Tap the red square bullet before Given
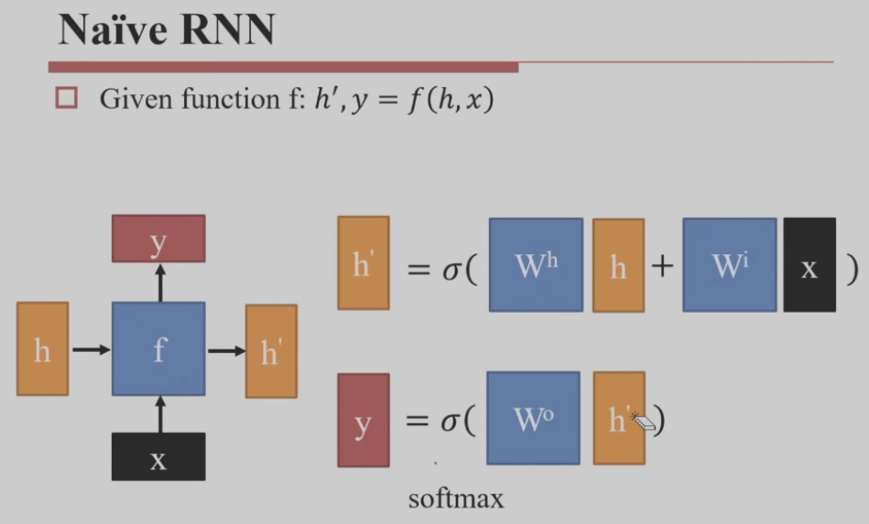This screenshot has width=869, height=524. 66,98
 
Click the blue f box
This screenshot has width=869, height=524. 158,349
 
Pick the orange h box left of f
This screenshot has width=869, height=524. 42,349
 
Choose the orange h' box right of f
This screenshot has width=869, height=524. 271,351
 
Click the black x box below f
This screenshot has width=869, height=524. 158,456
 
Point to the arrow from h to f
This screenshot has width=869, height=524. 90,349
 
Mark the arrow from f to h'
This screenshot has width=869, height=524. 225,350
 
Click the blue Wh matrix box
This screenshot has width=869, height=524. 536,264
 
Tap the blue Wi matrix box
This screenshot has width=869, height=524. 729,264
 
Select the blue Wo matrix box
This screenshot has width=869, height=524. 533,418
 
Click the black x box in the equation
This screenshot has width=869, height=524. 809,264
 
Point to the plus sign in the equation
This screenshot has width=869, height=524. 662,266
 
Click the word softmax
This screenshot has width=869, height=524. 456,499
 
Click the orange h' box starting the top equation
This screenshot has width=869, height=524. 363,263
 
